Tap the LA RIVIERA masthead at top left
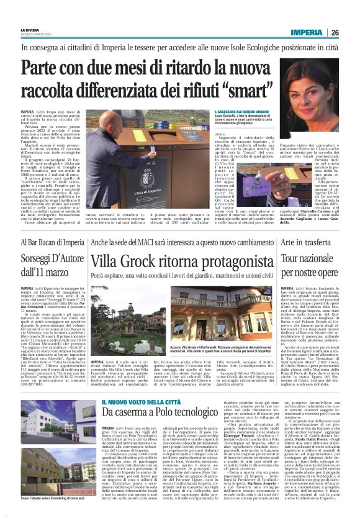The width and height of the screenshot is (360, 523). pos(29,29)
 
